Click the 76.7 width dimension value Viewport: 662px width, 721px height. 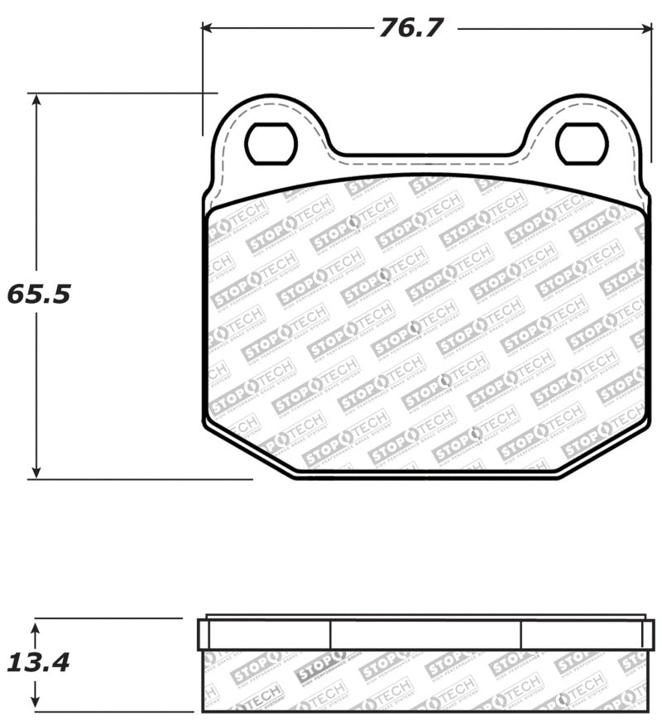pyautogui.click(x=412, y=28)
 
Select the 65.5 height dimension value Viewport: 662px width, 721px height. pyautogui.click(x=40, y=294)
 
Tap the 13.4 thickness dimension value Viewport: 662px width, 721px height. pyautogui.click(x=38, y=662)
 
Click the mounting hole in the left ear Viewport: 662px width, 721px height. pyautogui.click(x=271, y=144)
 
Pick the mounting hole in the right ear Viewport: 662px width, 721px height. pyautogui.click(x=582, y=144)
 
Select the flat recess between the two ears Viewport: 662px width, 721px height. pyautogui.click(x=425, y=155)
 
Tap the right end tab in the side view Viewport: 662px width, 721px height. pyautogui.click(x=648, y=634)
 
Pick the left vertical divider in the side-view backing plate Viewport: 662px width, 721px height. pyautogui.click(x=330, y=634)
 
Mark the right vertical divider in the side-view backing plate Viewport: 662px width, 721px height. pyautogui.click(x=521, y=634)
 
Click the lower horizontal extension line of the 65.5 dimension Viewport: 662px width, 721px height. pyautogui.click(x=141, y=478)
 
